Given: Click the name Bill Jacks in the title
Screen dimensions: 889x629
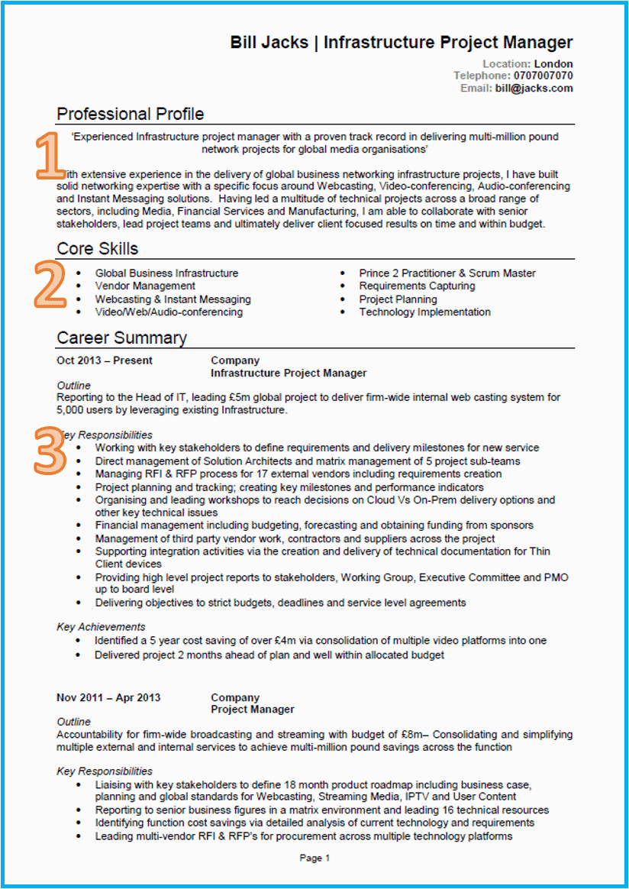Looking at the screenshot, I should pos(269,43).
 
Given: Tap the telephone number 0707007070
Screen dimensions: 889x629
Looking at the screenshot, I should pos(542,76).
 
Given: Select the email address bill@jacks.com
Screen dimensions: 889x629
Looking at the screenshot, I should pos(534,88).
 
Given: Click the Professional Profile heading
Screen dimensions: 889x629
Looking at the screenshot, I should pos(131,114).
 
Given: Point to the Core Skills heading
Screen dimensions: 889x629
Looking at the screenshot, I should pos(98,249).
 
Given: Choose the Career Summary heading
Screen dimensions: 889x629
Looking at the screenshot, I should pos(121,338).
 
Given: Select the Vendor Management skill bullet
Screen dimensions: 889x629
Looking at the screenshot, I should pos(145,286).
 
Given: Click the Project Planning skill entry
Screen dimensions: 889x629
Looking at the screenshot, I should pos(398,299).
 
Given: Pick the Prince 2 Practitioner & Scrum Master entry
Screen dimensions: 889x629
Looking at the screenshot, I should pos(447,273).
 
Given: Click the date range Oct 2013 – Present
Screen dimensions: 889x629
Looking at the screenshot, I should pos(105,360).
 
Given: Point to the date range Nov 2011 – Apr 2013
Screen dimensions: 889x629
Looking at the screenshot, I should pos(108,697).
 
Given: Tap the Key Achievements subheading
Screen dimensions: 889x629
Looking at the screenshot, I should pos(101,627).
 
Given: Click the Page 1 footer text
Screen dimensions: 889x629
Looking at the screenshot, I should pos(314,858).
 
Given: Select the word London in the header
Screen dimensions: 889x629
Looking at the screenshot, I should pos(553,63).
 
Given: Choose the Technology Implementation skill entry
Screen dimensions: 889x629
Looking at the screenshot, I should pos(424,312).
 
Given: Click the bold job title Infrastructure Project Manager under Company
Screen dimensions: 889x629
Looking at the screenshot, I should pos(289,373).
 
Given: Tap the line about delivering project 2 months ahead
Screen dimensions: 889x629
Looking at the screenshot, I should pos(269,655).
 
